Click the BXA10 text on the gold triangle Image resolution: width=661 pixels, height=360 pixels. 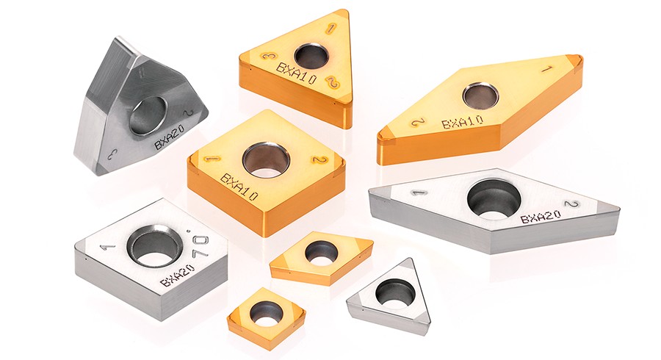point(296,73)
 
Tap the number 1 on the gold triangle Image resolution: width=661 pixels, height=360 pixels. point(331,29)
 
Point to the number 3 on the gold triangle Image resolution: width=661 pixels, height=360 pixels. point(267,57)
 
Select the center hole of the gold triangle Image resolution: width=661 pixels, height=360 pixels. point(311,56)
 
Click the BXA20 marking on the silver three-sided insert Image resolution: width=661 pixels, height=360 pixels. point(168,138)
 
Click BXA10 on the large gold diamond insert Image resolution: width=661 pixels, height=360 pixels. point(462,122)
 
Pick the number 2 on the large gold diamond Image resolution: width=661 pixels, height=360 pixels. point(417,123)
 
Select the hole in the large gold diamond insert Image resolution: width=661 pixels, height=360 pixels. point(480,95)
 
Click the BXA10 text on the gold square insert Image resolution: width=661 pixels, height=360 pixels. point(239,187)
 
